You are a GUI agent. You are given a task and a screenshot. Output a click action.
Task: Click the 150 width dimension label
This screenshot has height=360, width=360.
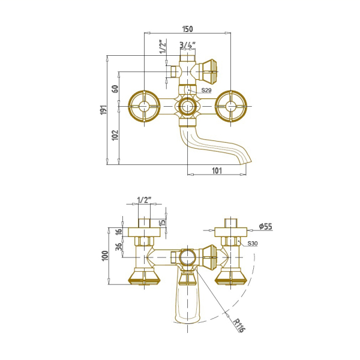(x=188, y=29)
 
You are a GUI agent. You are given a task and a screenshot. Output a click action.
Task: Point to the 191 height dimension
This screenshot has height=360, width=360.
(x=104, y=110)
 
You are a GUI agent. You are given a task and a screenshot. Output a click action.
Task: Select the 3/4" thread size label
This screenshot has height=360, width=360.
(x=188, y=45)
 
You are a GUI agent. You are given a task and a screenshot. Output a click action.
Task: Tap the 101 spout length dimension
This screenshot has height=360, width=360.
(x=217, y=170)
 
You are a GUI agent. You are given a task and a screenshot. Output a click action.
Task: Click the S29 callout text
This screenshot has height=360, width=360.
(x=206, y=90)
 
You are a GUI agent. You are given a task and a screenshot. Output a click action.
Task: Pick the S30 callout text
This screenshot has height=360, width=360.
(x=253, y=244)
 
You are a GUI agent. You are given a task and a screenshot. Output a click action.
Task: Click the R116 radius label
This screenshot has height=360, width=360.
(x=239, y=325)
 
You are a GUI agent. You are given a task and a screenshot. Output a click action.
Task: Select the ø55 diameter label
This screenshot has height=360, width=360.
(x=266, y=226)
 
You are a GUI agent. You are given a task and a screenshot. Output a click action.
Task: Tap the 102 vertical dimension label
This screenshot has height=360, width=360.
(x=115, y=135)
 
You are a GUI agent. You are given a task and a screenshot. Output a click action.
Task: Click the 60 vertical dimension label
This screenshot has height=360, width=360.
(x=115, y=89)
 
